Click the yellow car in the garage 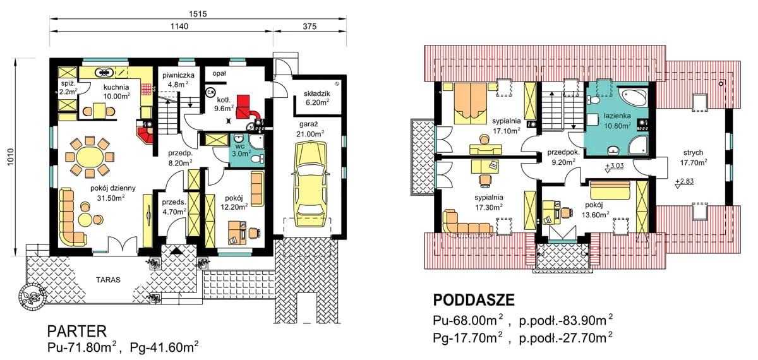(311, 184)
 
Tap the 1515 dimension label (198, 14)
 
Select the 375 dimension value (310, 27)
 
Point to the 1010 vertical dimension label (11, 157)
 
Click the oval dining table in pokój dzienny (90, 157)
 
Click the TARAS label (108, 280)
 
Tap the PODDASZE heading (474, 300)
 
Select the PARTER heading (77, 331)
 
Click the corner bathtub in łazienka (634, 97)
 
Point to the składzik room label (316, 93)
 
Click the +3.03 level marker (614, 167)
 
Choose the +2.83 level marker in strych (684, 183)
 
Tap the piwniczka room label (178, 75)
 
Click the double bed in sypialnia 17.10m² (471, 102)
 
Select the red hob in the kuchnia (146, 88)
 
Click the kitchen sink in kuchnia (105, 72)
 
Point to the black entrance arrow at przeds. (176, 251)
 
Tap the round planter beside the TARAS (32, 296)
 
